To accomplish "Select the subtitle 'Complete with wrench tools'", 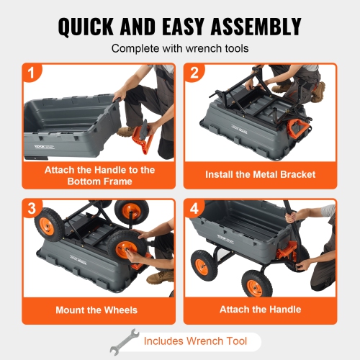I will [179, 50].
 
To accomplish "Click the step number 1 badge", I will [31, 73].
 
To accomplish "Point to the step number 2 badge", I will [194, 73].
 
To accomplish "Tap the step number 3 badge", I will [31, 208].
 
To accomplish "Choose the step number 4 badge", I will [194, 208].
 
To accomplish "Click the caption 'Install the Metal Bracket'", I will [260, 174].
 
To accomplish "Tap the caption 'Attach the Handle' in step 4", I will [260, 310].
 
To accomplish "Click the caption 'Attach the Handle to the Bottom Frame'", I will [99, 176].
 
